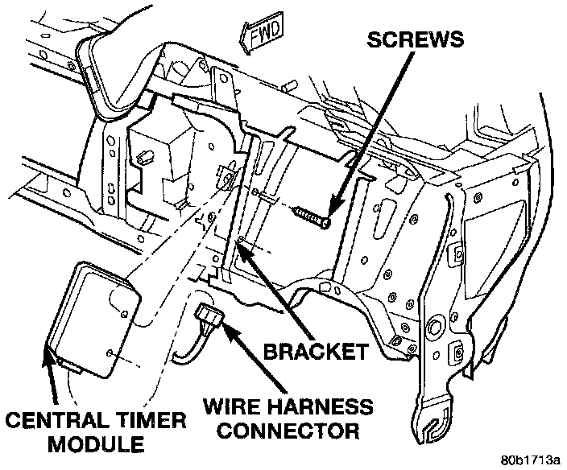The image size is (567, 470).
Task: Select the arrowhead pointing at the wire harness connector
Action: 221,324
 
